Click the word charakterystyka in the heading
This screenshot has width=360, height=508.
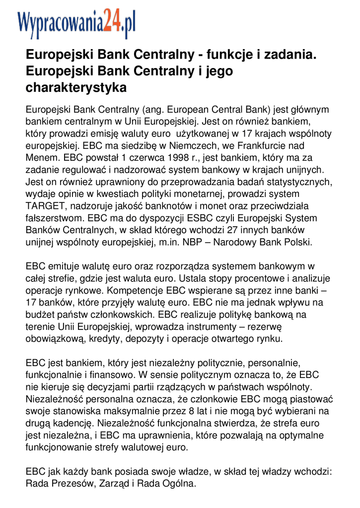click(76, 88)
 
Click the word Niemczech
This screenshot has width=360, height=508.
click(189, 146)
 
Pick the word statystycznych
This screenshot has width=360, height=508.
click(292, 182)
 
